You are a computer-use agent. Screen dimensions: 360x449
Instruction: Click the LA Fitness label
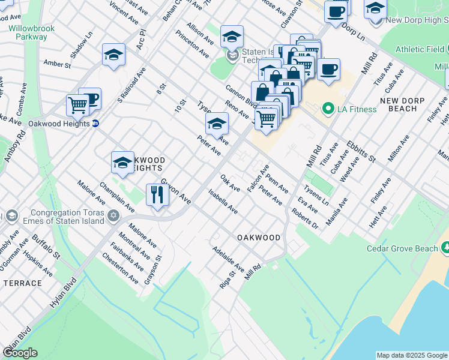click(x=357, y=109)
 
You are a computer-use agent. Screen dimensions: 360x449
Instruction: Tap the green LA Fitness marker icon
click(x=328, y=109)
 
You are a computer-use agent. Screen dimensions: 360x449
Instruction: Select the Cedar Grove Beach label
click(x=402, y=248)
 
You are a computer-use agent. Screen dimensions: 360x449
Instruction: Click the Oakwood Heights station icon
click(x=95, y=124)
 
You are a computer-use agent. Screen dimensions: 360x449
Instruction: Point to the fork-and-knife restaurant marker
click(x=157, y=195)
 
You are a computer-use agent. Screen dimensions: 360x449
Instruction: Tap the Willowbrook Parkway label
click(x=28, y=32)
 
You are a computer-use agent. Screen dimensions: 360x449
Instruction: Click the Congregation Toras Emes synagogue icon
click(x=113, y=215)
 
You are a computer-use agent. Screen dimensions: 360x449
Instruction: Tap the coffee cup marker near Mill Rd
click(x=328, y=70)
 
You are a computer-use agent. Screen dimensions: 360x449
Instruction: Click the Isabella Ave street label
click(x=223, y=202)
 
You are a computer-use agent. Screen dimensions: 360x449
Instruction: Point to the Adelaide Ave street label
click(x=228, y=259)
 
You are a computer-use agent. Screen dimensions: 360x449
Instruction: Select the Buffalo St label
click(x=47, y=247)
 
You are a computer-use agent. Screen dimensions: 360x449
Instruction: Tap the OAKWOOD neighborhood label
click(x=259, y=238)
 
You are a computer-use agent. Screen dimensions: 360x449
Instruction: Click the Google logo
click(x=20, y=353)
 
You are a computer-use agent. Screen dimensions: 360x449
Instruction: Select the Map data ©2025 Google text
click(x=411, y=355)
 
